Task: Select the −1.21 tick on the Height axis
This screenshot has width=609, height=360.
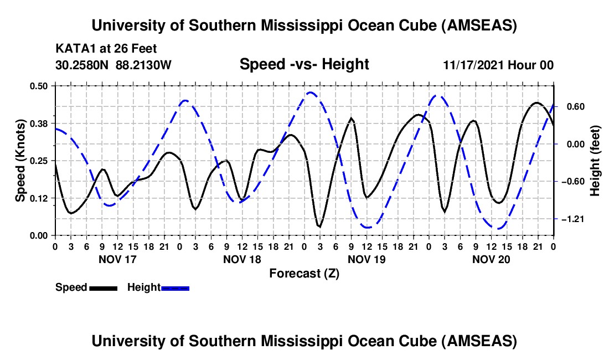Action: (x=571, y=219)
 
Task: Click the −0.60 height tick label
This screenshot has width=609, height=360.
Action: (x=571, y=182)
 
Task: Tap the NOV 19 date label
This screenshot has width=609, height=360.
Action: (x=367, y=259)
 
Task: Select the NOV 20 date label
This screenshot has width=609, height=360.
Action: (x=492, y=259)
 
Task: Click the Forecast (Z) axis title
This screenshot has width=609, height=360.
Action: (x=303, y=273)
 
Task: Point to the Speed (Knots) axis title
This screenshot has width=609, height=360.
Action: (x=20, y=161)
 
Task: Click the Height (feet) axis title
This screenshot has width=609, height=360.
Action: (x=596, y=161)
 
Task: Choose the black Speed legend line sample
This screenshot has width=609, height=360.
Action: (x=102, y=288)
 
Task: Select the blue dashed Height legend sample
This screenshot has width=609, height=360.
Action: (x=175, y=288)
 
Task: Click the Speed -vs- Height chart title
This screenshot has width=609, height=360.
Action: (x=304, y=65)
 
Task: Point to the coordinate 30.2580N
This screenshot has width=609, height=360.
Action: (x=83, y=65)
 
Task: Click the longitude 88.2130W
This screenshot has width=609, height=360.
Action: (x=143, y=65)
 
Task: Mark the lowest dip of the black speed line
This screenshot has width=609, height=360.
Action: (x=319, y=227)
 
